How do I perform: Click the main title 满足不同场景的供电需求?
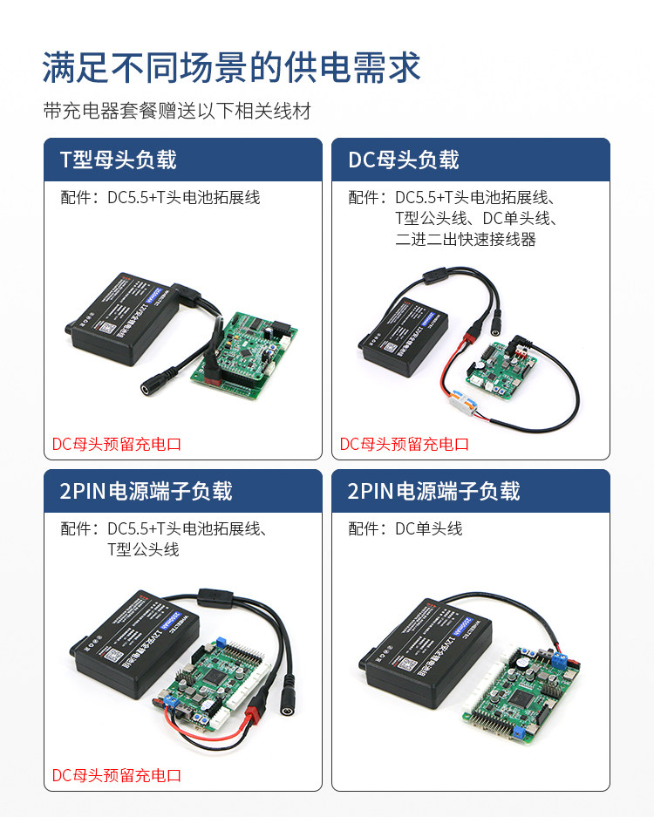232,67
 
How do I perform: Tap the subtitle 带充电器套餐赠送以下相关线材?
177,112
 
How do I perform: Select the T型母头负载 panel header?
118,160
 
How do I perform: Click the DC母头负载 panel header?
404,160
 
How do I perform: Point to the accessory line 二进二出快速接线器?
465,239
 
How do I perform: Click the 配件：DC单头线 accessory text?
405,528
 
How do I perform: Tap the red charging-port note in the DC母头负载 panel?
405,444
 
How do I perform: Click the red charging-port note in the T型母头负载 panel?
117,444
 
